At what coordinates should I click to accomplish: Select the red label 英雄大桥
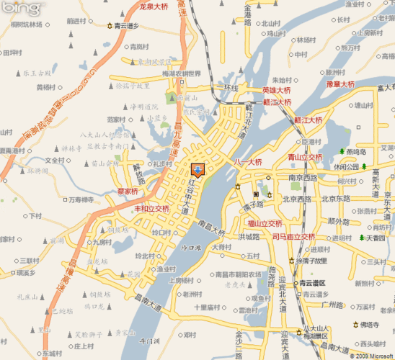pyautogui.click(x=278, y=90)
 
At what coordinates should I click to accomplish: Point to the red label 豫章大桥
pyautogui.click(x=341, y=84)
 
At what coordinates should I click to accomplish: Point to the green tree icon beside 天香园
pyautogui.click(x=360, y=238)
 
